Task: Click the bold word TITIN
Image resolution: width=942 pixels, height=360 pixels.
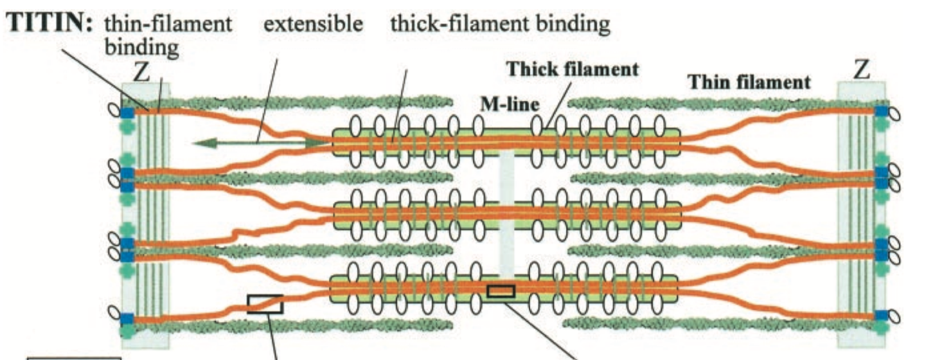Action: pos(49,25)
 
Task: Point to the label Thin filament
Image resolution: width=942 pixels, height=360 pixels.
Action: pos(749,82)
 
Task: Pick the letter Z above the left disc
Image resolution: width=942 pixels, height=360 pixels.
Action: pos(141,73)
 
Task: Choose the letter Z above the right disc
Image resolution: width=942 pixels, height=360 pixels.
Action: pos(862,70)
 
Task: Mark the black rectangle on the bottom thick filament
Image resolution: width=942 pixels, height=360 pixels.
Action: pos(501,291)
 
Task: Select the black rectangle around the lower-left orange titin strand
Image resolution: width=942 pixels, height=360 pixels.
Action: pos(265,303)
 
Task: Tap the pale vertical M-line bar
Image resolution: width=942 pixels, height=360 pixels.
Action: pos(506,212)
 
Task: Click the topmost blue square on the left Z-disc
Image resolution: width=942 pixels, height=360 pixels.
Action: pos(127,112)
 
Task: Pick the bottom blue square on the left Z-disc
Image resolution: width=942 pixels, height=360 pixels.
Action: pos(127,318)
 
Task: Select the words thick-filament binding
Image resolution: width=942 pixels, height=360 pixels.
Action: pos(500,25)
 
